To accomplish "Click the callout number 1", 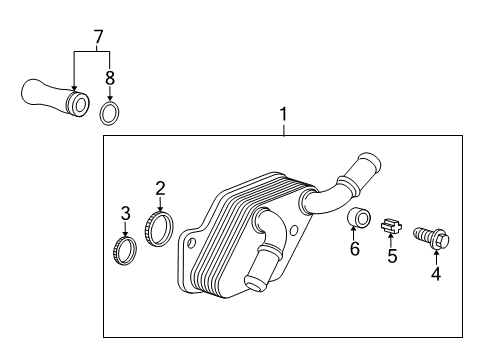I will [283, 116].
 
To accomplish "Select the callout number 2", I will [160, 187].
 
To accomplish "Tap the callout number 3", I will [125, 212].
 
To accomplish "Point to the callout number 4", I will [435, 272].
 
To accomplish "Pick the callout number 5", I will [392, 256].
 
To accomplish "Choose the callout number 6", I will [354, 248].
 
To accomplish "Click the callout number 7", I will [97, 37].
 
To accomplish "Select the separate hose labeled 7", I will [50, 96].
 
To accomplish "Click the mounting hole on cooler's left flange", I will [191, 242].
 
